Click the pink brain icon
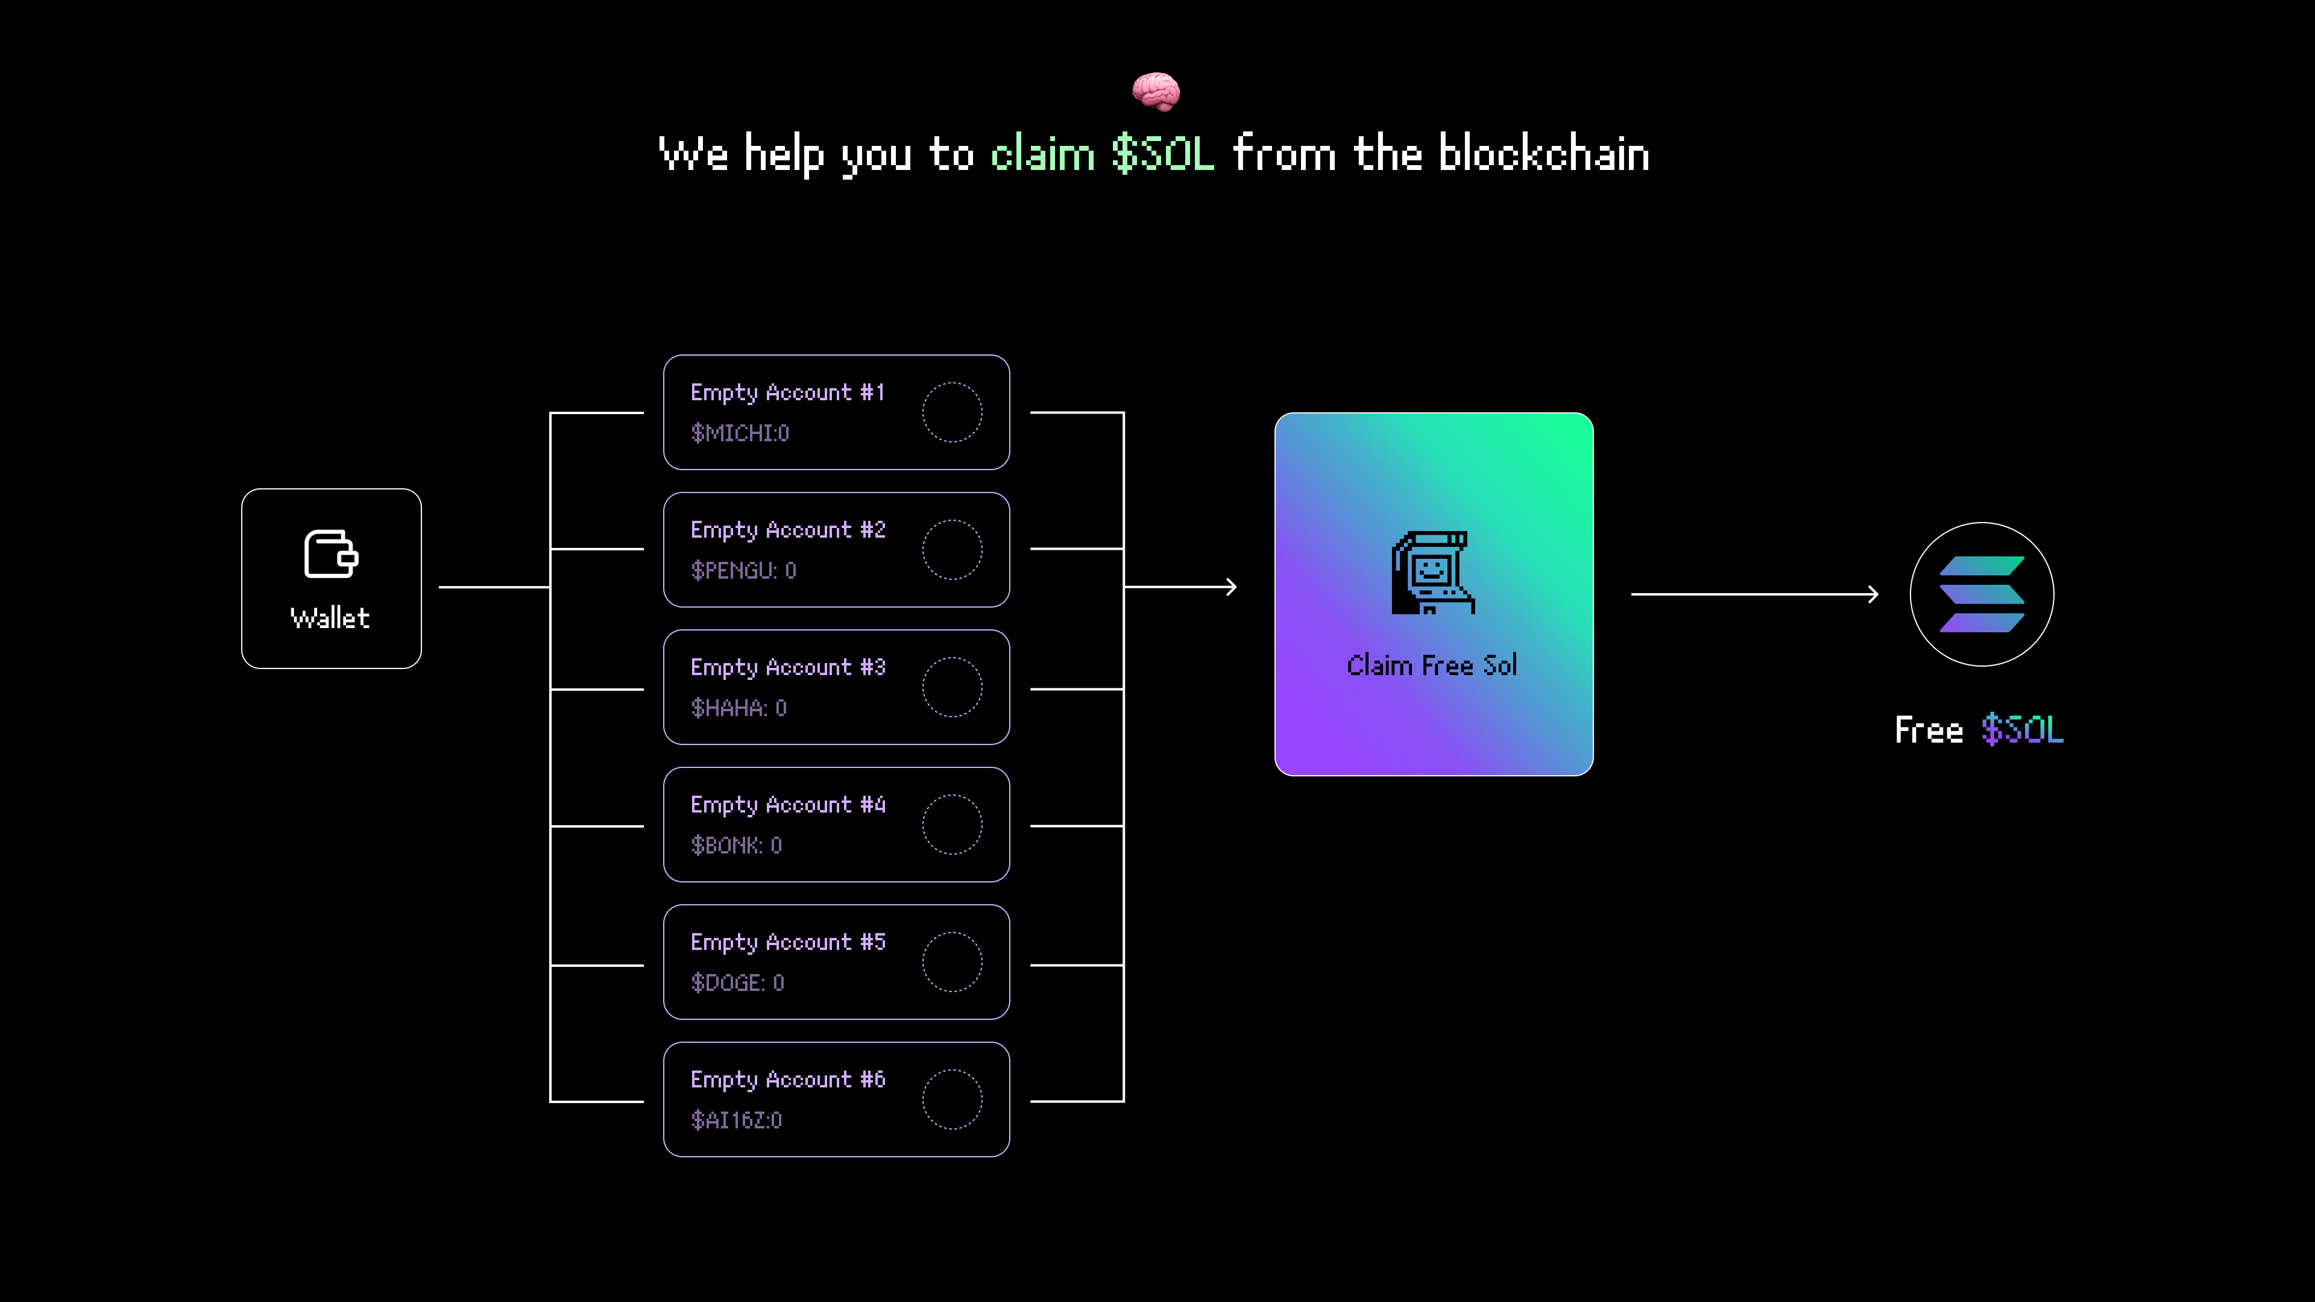point(1156,92)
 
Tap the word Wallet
point(330,618)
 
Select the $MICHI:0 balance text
point(740,433)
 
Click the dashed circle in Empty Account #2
point(952,550)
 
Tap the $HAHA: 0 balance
point(739,708)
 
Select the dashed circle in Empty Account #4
point(952,825)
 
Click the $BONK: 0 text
point(736,846)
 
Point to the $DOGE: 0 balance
point(737,983)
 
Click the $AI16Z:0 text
point(736,1121)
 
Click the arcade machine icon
point(1432,573)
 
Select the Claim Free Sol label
point(1432,666)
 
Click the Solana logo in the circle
point(1982,594)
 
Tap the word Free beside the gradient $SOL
point(1929,729)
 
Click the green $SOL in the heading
point(1163,154)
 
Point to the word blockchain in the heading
point(1543,154)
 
